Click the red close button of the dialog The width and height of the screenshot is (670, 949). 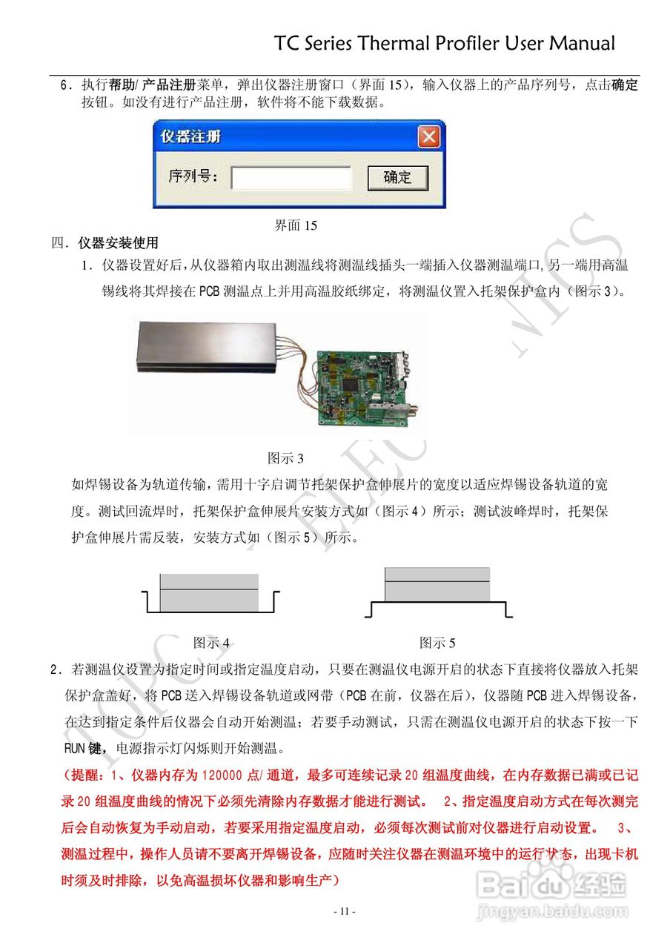pos(428,136)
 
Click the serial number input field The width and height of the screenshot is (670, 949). pos(291,178)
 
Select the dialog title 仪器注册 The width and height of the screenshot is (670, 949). pos(191,137)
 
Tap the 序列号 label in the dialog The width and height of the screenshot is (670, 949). pos(193,177)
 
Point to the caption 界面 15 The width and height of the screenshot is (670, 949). pos(296,225)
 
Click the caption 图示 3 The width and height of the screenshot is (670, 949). pos(285,458)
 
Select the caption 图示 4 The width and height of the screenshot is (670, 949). pos(211,642)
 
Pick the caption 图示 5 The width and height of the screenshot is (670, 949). pos(437,642)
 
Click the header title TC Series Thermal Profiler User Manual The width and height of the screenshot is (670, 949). pos(445,43)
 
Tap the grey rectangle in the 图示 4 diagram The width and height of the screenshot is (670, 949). pos(210,592)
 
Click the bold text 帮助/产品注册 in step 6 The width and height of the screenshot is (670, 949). pos(152,85)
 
